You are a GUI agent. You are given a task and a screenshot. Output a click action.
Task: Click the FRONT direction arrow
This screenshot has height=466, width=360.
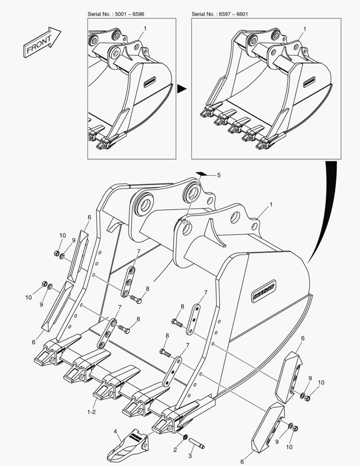tap(42, 42)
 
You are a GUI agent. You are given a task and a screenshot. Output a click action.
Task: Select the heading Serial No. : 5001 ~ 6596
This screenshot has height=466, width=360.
tap(116, 14)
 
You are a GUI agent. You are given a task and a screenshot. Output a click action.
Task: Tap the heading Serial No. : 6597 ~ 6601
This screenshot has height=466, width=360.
tap(219, 14)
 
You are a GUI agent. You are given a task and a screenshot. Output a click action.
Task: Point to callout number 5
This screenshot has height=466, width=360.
tap(219, 175)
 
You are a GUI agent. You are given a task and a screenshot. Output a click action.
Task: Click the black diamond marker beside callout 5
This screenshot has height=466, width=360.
tap(201, 173)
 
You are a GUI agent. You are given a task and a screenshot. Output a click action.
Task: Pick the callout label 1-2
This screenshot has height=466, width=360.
tap(91, 412)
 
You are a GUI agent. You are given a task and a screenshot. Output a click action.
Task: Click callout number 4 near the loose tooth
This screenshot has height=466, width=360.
tap(116, 431)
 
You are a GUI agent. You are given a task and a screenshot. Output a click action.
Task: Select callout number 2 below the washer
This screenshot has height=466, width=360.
tap(175, 450)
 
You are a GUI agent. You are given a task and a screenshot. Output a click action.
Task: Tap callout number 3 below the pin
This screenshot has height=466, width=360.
tap(190, 456)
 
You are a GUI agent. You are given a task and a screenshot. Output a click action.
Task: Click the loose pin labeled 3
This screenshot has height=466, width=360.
tap(197, 443)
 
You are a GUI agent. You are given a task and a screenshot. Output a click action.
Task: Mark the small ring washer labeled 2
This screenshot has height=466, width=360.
tap(185, 437)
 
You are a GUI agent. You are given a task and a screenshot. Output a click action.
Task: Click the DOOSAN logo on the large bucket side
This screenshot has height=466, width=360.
tap(264, 291)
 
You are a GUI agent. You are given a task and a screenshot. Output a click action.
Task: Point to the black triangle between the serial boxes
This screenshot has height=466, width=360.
tap(182, 88)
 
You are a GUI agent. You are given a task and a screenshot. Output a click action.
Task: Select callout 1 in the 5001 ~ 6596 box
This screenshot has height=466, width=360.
tap(145, 28)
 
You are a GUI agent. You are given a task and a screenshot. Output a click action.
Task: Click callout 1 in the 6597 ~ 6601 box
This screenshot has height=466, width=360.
tap(304, 29)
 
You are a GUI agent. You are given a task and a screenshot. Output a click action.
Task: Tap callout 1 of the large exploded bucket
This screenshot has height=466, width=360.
tap(271, 205)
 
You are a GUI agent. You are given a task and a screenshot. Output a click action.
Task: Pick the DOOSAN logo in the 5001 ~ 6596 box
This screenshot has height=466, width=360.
tap(150, 82)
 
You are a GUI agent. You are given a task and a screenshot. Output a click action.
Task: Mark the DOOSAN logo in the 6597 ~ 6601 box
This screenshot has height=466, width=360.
tap(309, 82)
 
